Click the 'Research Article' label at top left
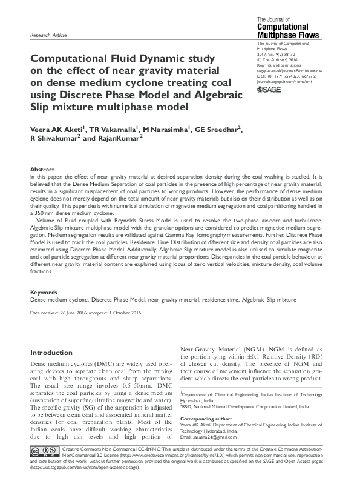point(48,36)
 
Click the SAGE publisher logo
point(270,89)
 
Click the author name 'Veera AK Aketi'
point(59,128)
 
